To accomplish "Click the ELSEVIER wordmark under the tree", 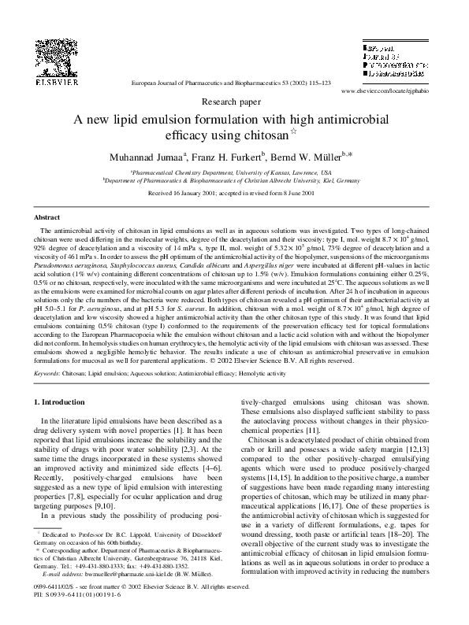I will [x=55, y=81].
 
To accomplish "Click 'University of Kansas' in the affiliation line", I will [x=266, y=171].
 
